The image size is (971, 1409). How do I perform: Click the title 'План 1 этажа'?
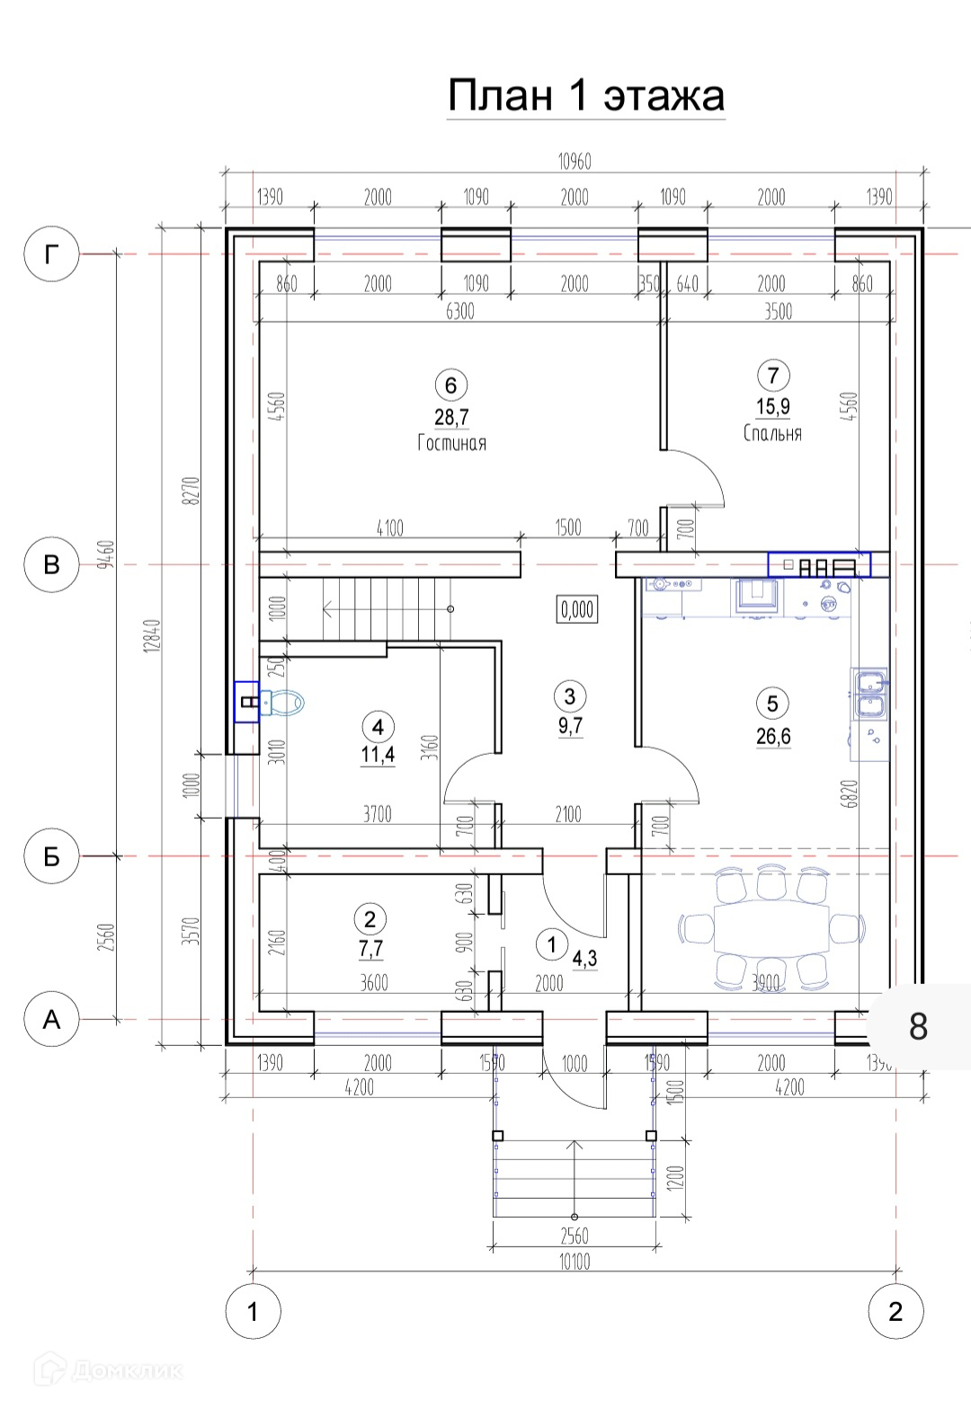(586, 95)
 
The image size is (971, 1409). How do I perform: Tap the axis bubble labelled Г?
(51, 254)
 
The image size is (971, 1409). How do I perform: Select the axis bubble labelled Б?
(51, 856)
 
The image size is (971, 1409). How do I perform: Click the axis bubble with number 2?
(895, 1312)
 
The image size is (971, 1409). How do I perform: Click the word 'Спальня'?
(773, 433)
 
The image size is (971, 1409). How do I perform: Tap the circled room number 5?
(773, 704)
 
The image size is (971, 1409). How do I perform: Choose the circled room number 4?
(378, 727)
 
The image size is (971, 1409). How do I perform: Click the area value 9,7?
(570, 726)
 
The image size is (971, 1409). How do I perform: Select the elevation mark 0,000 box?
(577, 609)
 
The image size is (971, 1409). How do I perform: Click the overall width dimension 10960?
(575, 162)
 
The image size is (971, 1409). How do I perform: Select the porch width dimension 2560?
(575, 1236)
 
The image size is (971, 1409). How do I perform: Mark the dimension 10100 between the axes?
(575, 1262)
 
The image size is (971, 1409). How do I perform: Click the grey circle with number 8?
(918, 1026)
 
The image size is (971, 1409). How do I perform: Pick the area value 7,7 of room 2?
(370, 949)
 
